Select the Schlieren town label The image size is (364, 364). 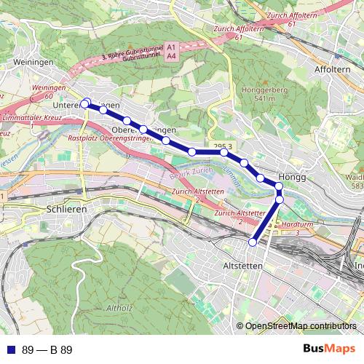(66, 208)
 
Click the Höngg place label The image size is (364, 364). (290, 178)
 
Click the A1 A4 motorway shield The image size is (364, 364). (171, 50)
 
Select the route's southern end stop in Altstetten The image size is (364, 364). (253, 242)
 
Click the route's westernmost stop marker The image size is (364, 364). (84, 105)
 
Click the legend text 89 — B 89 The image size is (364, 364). (47, 349)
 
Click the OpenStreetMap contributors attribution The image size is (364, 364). (301, 326)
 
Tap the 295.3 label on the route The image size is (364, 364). (223, 147)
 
